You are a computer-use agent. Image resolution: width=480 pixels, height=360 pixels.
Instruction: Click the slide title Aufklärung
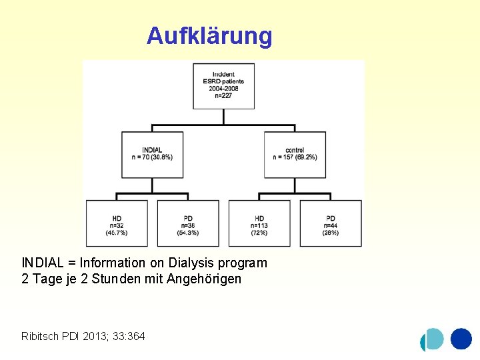[209, 35]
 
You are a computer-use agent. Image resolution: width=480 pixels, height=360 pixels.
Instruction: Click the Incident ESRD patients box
[223, 85]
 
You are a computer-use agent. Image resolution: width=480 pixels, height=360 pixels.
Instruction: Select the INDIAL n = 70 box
[152, 154]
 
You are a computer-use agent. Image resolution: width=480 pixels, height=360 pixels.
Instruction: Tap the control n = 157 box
[295, 154]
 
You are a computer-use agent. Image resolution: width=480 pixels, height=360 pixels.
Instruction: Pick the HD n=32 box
[117, 223]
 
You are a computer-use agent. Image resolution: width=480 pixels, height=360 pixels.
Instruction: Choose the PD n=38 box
[188, 223]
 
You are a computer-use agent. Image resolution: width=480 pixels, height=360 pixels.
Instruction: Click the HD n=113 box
[259, 223]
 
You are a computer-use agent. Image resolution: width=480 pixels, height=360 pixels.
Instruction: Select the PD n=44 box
[331, 223]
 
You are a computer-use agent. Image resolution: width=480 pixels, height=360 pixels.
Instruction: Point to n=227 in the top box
[223, 95]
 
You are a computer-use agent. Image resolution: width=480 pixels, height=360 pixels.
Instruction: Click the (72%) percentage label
[259, 233]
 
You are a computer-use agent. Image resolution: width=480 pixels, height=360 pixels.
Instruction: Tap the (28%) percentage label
[331, 233]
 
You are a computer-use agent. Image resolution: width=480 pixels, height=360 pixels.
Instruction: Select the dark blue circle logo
[461, 339]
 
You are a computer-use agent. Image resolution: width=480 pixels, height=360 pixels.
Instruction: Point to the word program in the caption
[245, 263]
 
